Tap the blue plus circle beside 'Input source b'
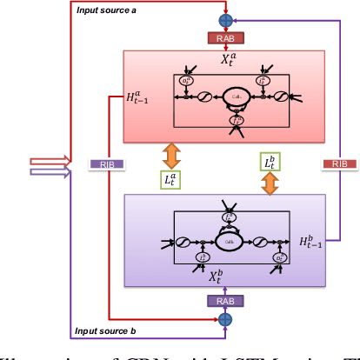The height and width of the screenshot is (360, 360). coord(225,318)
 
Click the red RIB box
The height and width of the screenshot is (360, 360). coord(338,163)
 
